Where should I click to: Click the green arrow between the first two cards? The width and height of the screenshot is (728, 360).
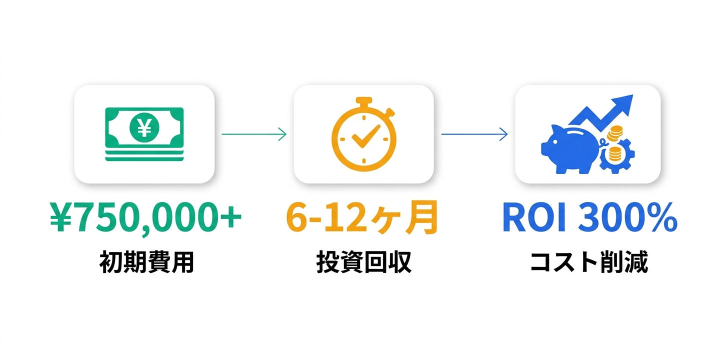(x=253, y=134)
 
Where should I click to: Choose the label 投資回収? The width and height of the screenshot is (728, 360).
(x=363, y=262)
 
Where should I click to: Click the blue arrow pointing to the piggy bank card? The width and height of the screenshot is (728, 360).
(x=474, y=134)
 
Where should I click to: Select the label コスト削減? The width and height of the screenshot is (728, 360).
(x=588, y=262)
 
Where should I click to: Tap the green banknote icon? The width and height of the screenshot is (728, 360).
(x=144, y=127)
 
